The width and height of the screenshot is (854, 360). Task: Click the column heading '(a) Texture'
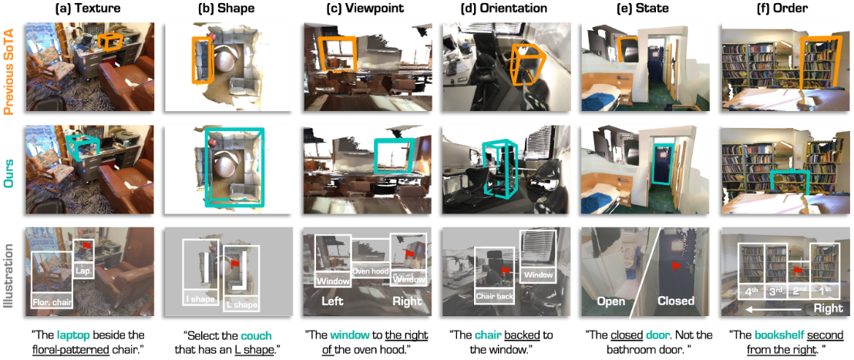89,9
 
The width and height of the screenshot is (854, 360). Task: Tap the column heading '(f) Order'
783,9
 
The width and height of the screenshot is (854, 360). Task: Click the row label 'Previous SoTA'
9,67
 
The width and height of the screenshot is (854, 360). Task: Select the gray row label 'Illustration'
9,272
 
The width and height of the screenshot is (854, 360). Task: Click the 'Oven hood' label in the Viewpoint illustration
371,270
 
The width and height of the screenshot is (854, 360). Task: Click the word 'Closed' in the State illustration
674,301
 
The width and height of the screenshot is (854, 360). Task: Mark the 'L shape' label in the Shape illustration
240,304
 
